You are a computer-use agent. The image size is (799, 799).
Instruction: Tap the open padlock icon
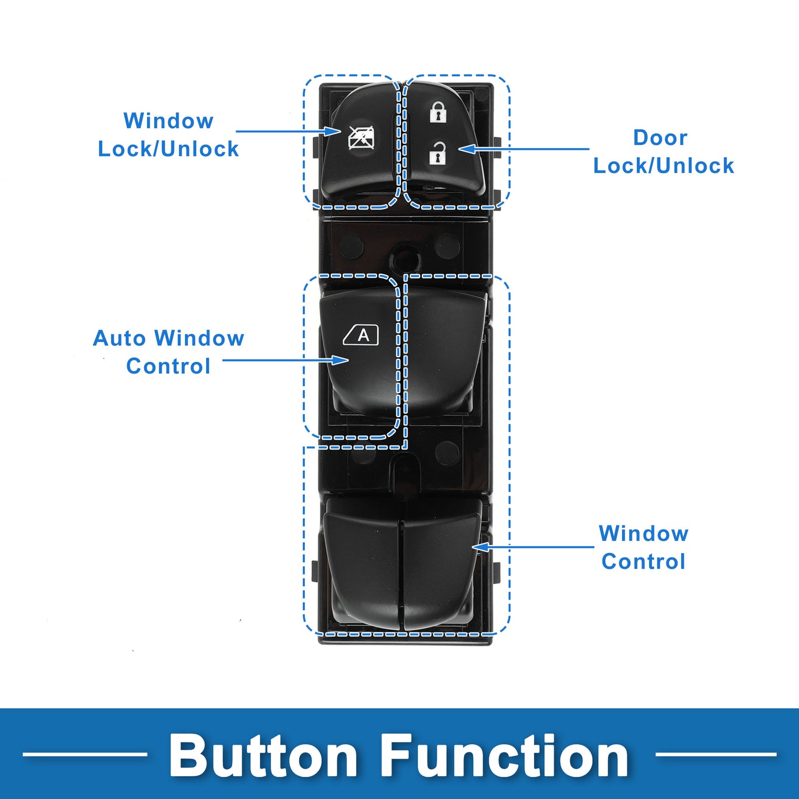(x=438, y=153)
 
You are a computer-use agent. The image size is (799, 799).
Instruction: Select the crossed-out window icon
(x=361, y=138)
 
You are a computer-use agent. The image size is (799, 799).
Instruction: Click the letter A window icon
(x=362, y=335)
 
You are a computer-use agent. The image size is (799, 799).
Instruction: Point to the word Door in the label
(x=660, y=138)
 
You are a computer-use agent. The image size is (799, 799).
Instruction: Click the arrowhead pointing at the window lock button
(x=332, y=132)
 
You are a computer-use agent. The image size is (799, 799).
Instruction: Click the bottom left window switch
(x=363, y=570)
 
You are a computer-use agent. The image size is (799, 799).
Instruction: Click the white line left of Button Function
(x=85, y=754)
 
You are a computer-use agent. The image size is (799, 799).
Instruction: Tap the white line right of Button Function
(x=716, y=754)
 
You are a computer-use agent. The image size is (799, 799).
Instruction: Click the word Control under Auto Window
(x=168, y=366)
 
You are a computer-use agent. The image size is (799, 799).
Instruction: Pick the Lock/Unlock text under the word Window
(x=168, y=149)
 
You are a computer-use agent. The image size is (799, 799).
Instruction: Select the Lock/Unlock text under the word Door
(x=664, y=166)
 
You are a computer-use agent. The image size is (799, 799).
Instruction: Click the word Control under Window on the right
(x=643, y=561)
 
